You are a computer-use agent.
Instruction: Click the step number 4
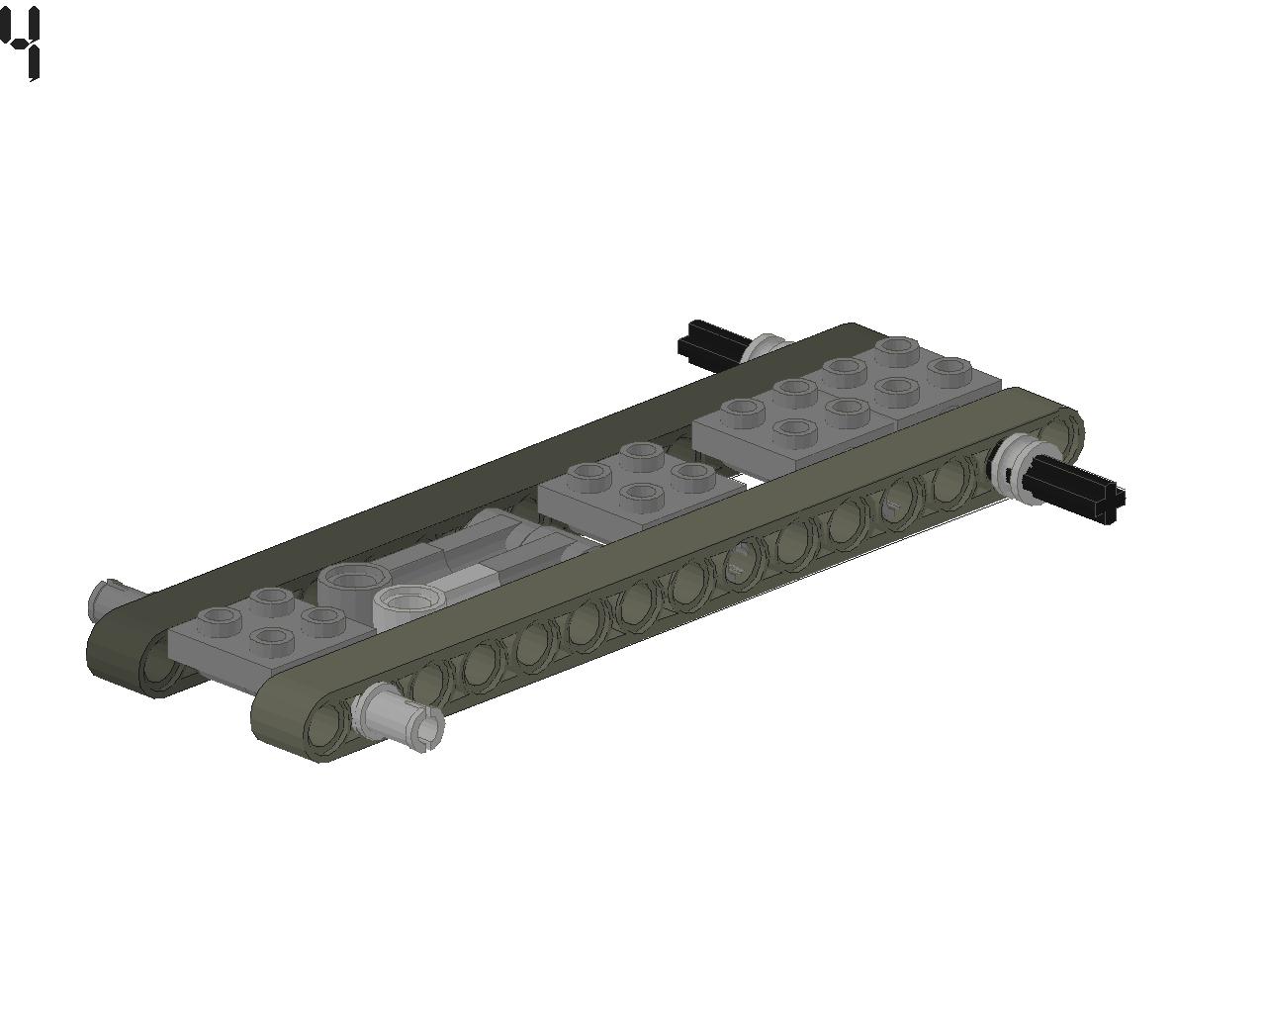[x=22, y=42]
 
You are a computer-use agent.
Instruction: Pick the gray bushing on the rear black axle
[x=763, y=347]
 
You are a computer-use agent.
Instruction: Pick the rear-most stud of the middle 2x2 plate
[x=641, y=453]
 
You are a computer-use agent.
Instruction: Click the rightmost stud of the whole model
[x=949, y=370]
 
